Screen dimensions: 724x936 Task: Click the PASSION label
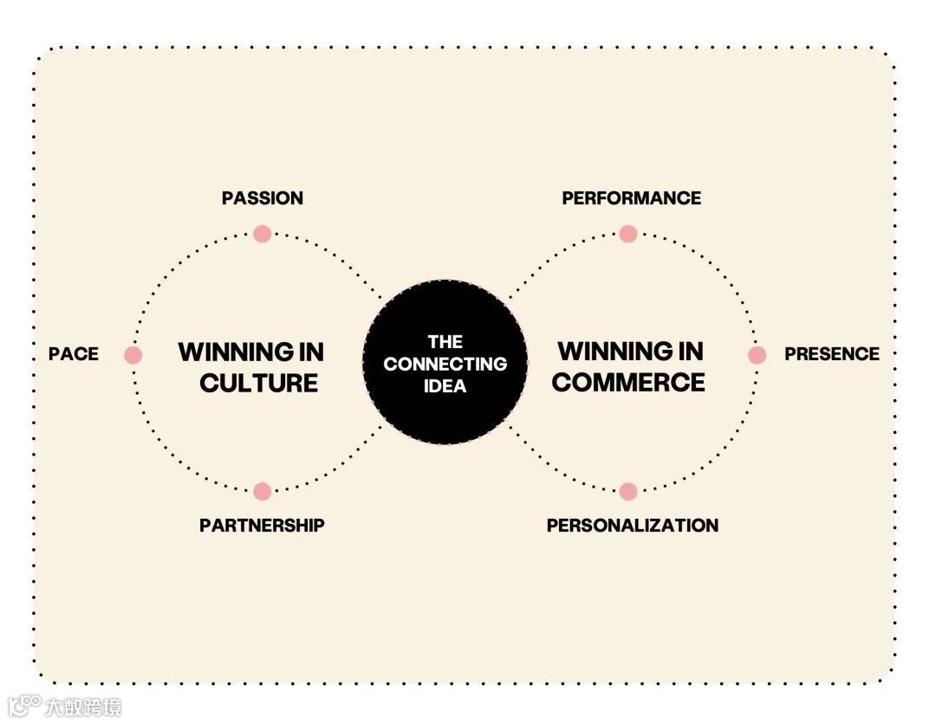click(x=262, y=198)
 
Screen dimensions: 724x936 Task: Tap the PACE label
click(x=74, y=354)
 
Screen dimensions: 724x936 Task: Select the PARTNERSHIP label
click(x=262, y=526)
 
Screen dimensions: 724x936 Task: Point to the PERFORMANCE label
click(x=631, y=198)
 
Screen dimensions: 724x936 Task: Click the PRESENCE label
click(x=831, y=354)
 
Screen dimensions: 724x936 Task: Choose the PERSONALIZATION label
click(x=632, y=526)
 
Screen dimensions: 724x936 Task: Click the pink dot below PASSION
click(x=263, y=234)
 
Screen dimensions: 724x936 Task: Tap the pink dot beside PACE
click(x=133, y=355)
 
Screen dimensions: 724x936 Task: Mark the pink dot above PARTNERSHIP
click(x=263, y=492)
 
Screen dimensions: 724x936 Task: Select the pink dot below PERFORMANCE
click(x=628, y=234)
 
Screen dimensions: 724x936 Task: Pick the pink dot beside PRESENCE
click(x=757, y=355)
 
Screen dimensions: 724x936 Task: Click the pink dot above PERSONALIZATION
click(x=628, y=492)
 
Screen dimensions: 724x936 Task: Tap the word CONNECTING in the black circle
click(x=445, y=364)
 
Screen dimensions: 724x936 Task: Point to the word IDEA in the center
click(x=445, y=386)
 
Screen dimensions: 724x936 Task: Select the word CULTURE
click(x=258, y=383)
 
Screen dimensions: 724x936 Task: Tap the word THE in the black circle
click(x=445, y=342)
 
